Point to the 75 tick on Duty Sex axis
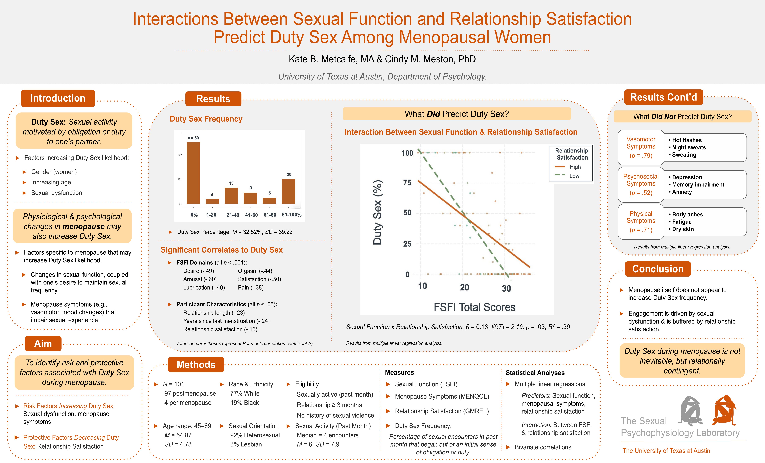point(407,183)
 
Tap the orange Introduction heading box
point(58,98)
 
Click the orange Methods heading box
point(196,365)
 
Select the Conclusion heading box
point(658,269)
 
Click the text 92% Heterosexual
point(255,435)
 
